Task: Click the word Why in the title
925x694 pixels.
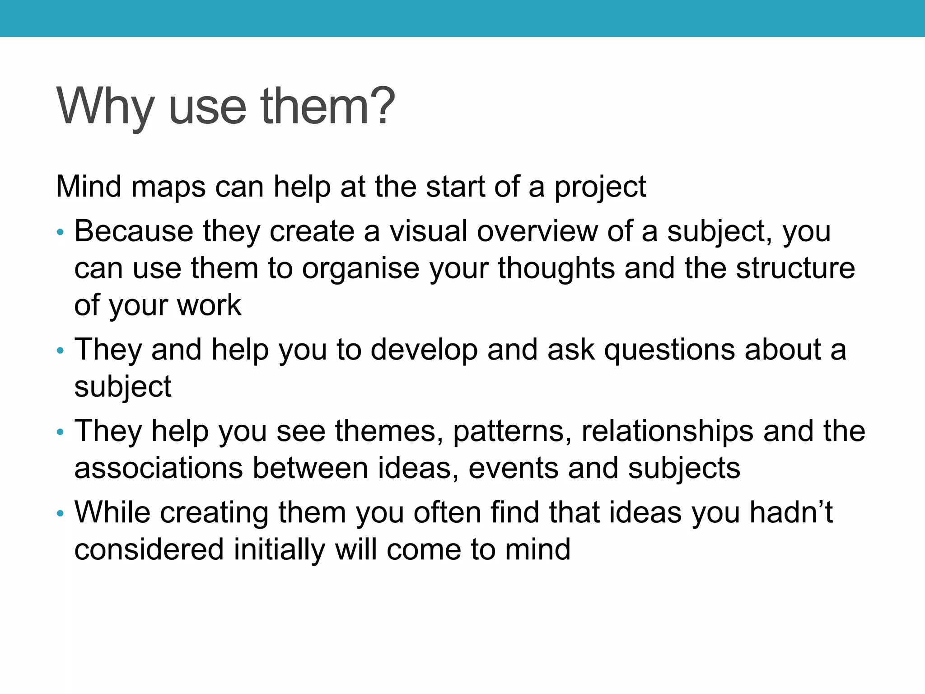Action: click(105, 107)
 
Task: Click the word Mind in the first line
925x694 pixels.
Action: click(89, 186)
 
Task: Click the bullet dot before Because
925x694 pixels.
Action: click(61, 233)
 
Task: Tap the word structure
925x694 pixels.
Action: click(795, 268)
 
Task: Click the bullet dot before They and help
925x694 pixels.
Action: click(61, 351)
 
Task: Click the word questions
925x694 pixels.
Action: click(669, 350)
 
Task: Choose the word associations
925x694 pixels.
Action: click(158, 468)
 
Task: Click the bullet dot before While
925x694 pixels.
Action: click(61, 514)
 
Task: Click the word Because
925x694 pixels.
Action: click(133, 231)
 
